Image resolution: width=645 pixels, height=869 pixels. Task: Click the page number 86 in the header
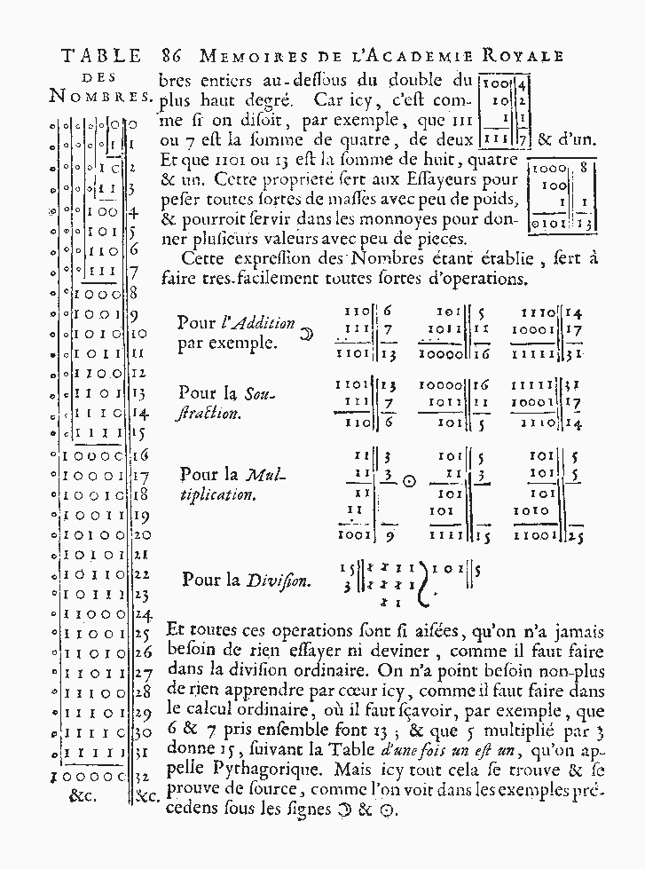point(174,56)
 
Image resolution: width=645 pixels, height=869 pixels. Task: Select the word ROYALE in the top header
point(526,56)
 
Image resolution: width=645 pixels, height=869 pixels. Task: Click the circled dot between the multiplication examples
point(409,481)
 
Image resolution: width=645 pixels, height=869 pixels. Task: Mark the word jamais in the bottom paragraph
point(577,632)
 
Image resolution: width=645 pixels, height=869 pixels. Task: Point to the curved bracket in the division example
point(408,583)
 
